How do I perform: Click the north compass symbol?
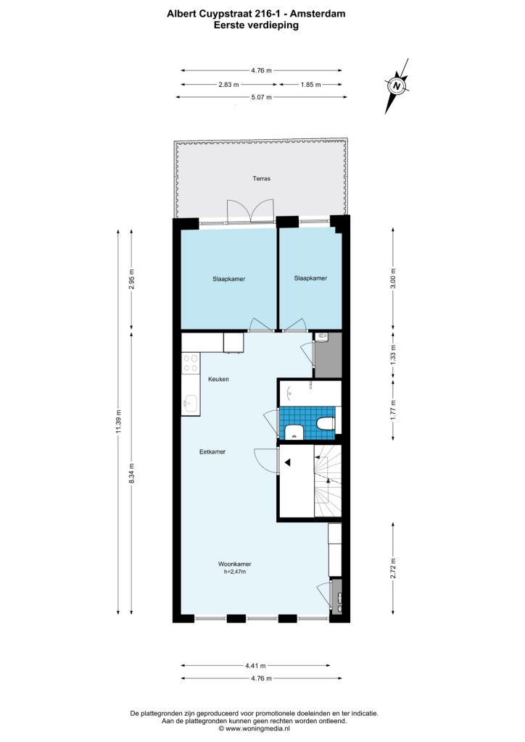tap(397, 86)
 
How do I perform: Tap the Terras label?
tap(261, 178)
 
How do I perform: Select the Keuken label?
tap(219, 379)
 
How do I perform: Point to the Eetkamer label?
tap(212, 451)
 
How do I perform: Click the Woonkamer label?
tap(234, 564)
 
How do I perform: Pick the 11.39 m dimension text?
tap(118, 421)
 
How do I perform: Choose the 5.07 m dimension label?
tap(261, 97)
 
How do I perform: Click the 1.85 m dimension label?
tap(310, 84)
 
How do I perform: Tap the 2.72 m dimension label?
tap(393, 568)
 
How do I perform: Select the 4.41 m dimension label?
tap(255, 665)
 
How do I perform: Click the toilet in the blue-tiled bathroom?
tap(326, 422)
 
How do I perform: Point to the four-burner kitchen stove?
tap(191, 363)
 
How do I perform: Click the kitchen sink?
tap(190, 404)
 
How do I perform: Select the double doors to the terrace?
tap(250, 211)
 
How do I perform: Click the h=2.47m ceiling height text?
tap(235, 572)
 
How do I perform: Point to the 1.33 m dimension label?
tap(393, 354)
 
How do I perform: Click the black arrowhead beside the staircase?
tap(287, 462)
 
